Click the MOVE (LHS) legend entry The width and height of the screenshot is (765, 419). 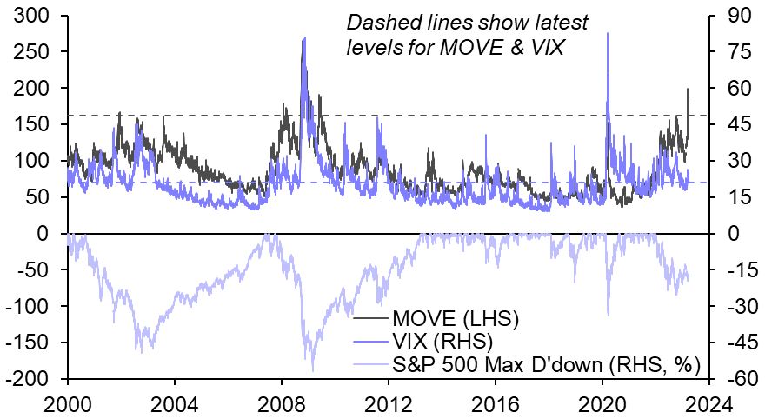pos(456,318)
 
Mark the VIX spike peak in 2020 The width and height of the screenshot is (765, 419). pos(607,33)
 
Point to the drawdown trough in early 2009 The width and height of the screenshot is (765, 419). pos(312,370)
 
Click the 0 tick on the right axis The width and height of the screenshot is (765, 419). pos(727,233)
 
